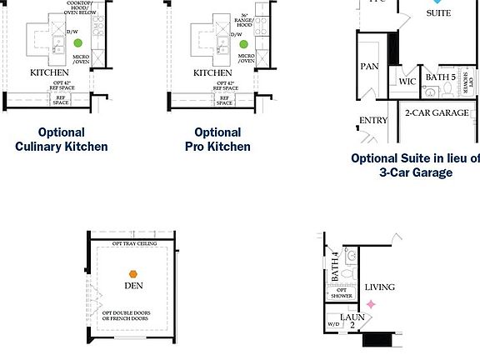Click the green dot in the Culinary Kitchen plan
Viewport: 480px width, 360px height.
point(77,42)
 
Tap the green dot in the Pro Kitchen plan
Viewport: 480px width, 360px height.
point(242,42)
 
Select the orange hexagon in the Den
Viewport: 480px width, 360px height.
point(132,273)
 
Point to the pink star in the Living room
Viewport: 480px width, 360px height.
point(372,305)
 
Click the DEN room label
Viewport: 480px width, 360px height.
point(133,286)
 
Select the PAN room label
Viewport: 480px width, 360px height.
point(370,67)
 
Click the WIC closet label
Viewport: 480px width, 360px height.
point(407,82)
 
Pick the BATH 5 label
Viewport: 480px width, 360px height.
point(441,77)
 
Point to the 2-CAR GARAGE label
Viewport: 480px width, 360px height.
point(437,113)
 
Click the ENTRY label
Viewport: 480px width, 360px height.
point(373,121)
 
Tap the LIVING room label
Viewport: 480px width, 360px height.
point(380,287)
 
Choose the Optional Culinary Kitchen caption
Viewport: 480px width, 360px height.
point(61,139)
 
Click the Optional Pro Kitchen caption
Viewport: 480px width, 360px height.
point(217,139)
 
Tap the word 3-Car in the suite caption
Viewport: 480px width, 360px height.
point(398,172)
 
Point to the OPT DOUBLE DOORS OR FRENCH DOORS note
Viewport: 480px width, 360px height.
point(127,316)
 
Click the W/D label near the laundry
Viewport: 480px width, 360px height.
point(333,324)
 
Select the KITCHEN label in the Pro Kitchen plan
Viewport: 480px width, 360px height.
point(212,72)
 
